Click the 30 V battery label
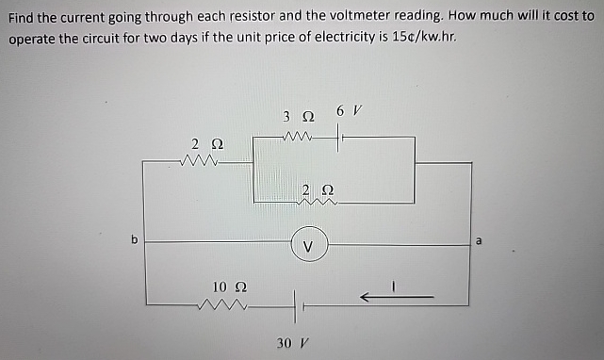tap(290, 342)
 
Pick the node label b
tap(134, 240)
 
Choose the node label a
tap(478, 241)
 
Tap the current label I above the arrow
tap(397, 281)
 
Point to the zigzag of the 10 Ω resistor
tap(223, 304)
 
